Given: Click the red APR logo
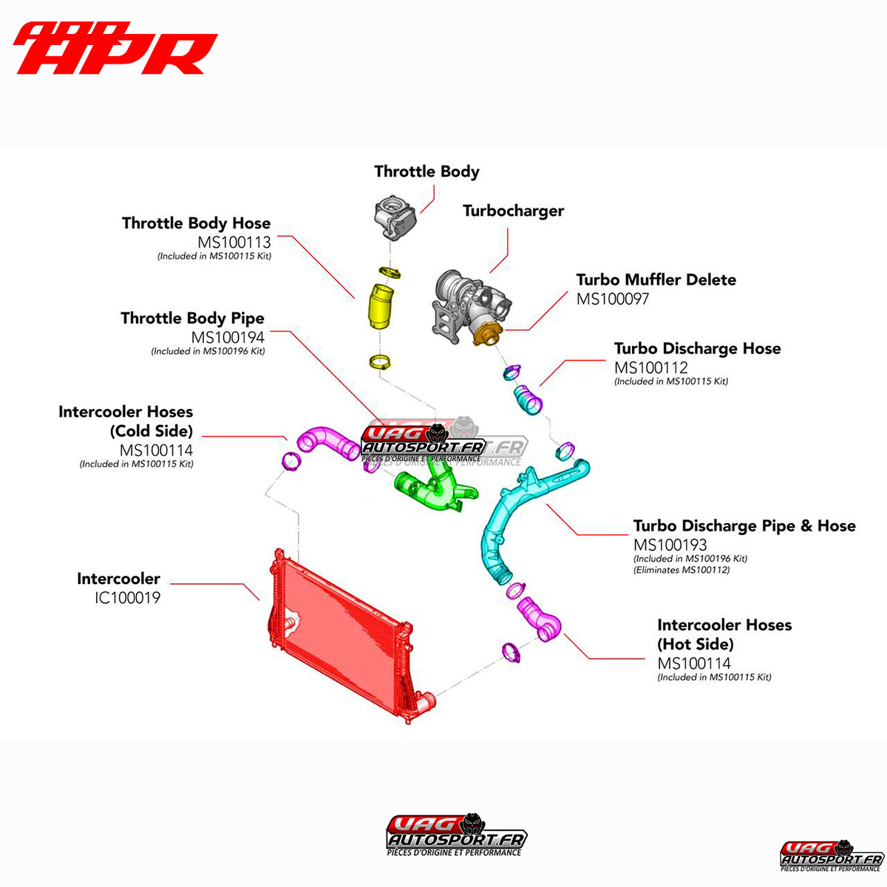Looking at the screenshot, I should [115, 49].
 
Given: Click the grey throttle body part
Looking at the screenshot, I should [395, 217].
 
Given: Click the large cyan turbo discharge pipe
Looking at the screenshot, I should [517, 517].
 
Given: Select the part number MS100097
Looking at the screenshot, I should [613, 299].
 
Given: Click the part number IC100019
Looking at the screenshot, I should [127, 598].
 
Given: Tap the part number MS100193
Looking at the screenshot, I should [670, 545].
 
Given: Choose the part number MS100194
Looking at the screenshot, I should [228, 337].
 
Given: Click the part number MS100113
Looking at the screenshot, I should [234, 242].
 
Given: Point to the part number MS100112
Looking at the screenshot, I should [651, 367].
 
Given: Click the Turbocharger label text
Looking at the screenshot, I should [513, 211].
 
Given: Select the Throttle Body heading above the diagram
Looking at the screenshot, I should [426, 171].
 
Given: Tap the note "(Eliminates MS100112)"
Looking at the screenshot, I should [682, 570].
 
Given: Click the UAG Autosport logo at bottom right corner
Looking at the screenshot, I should [832, 856].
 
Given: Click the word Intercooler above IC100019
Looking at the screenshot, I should [118, 579].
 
